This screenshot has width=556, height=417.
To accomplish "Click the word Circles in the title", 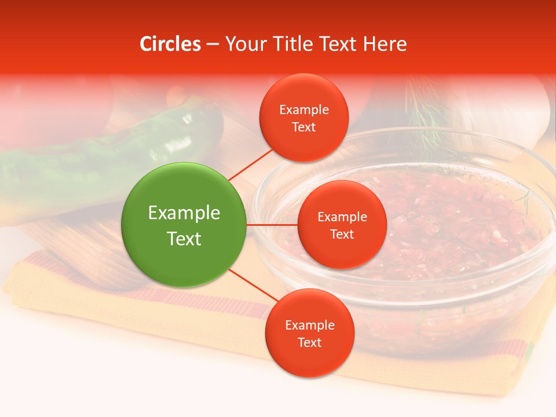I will pyautogui.click(x=170, y=44).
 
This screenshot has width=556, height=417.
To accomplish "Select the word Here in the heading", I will pyautogui.click(x=385, y=44).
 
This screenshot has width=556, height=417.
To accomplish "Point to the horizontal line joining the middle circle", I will pyautogui.click(x=272, y=225).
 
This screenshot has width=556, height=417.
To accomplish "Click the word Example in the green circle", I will pyautogui.click(x=184, y=213).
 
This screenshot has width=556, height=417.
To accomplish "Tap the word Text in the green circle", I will pyautogui.click(x=184, y=239).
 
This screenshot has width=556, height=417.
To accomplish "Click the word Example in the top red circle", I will pyautogui.click(x=304, y=110).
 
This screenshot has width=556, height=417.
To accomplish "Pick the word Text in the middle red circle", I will pyautogui.click(x=342, y=234).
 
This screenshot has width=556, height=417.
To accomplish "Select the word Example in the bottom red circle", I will pyautogui.click(x=309, y=325).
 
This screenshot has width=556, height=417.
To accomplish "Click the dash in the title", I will pyautogui.click(x=213, y=44).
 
